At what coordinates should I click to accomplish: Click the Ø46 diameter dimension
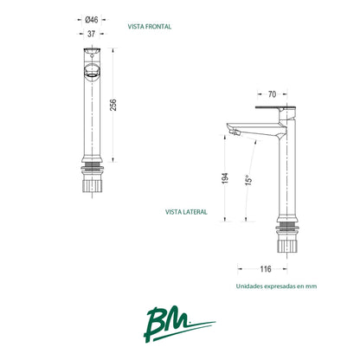(92, 20)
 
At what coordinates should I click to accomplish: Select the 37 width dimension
(91, 34)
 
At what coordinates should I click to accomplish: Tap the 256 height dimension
(113, 105)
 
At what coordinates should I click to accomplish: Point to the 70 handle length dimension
(272, 94)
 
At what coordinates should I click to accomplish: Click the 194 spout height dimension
(225, 178)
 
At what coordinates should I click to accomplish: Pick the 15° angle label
(249, 180)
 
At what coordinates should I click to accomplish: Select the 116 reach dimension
(266, 269)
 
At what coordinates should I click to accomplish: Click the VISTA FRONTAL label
(150, 27)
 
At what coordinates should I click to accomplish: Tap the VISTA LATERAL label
(186, 212)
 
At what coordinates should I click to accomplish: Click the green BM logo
(179, 324)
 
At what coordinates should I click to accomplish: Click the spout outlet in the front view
(92, 71)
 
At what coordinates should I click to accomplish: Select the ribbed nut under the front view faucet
(93, 185)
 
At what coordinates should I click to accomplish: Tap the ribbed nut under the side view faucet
(287, 246)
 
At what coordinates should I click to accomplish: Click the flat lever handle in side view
(275, 108)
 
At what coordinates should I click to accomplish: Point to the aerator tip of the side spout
(235, 132)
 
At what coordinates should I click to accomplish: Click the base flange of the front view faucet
(93, 159)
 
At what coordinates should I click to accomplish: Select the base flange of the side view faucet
(287, 219)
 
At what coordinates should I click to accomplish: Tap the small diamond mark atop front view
(92, 55)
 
